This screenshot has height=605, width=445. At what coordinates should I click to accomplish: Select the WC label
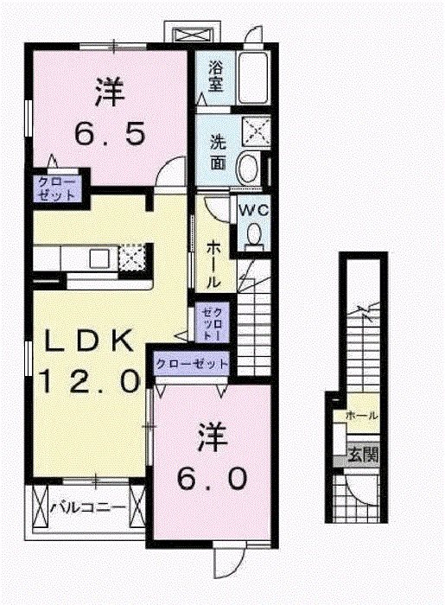[x=252, y=209]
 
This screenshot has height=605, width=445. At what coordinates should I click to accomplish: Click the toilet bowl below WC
[x=254, y=234]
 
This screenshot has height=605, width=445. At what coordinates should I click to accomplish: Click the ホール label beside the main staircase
[x=213, y=263]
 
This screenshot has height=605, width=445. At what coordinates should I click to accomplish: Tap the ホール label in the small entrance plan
[x=361, y=416]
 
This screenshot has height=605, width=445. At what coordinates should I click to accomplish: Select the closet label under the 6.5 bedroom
[x=55, y=188]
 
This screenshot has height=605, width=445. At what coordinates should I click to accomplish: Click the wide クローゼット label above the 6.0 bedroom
[x=192, y=364]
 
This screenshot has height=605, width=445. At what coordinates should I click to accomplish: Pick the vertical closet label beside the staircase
[x=213, y=323]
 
